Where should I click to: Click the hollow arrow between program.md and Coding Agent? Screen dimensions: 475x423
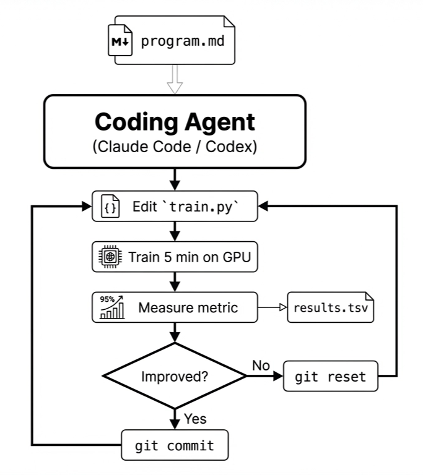175,80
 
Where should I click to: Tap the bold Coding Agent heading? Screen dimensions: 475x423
175,122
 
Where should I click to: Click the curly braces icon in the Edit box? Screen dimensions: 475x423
110,207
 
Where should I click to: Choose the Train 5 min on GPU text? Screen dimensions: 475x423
190,257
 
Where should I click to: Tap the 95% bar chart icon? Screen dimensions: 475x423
111,307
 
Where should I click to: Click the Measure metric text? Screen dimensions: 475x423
188,307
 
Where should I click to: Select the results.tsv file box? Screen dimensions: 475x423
331,307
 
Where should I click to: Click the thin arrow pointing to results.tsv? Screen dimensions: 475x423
272,307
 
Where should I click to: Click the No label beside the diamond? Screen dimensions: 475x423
261,366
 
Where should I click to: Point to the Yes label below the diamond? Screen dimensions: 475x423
195,419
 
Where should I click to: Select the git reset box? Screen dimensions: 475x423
330,377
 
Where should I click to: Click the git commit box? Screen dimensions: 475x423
175,445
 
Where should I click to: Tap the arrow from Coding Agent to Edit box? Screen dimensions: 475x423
175,179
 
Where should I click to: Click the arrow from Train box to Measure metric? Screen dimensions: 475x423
175,281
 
